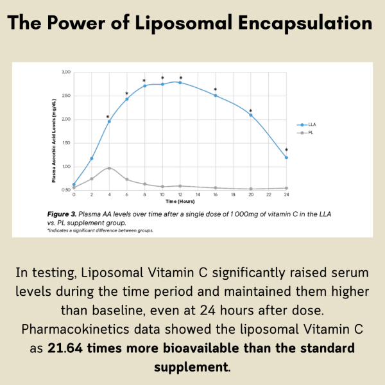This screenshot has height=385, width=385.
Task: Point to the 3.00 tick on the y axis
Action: (65, 72)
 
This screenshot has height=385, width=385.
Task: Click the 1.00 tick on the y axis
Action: (65, 167)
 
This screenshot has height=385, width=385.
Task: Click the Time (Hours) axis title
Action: (180, 201)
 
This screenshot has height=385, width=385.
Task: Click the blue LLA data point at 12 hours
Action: (180, 82)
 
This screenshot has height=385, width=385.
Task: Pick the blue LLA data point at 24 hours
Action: (286, 157)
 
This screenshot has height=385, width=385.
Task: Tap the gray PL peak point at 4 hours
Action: (109, 168)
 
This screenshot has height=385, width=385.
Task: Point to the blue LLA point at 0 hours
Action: (74, 185)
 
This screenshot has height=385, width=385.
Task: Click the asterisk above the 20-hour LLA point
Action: (250, 110)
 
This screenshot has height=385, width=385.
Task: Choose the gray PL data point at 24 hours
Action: (286, 188)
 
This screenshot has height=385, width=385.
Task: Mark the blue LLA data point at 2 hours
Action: (92, 158)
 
